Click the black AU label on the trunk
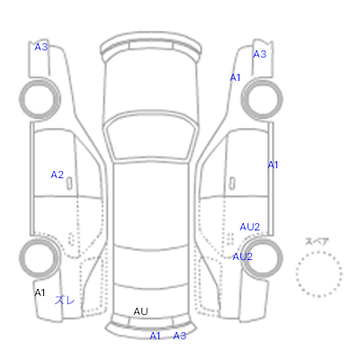point(140,311)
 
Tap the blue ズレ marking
point(65,300)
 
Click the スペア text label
point(317,241)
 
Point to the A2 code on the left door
point(58,175)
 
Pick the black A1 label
point(40,292)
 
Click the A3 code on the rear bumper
point(180,336)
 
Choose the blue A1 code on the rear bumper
point(155,336)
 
